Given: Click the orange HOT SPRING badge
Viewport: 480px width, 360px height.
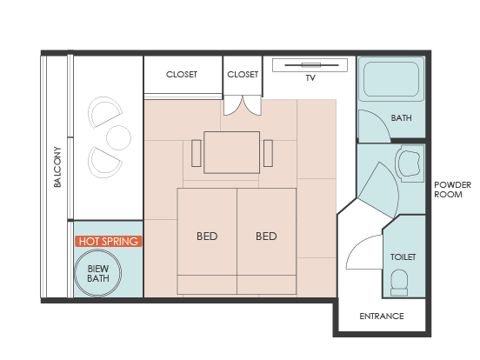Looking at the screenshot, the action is [x=109, y=241].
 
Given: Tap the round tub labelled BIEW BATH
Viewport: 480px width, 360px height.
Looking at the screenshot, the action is [x=98, y=273].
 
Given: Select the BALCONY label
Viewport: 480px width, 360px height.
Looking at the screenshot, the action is [x=57, y=167].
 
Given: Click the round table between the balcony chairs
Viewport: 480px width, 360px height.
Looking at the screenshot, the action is [x=118, y=137].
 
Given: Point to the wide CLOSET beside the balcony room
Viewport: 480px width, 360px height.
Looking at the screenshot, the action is [x=183, y=75].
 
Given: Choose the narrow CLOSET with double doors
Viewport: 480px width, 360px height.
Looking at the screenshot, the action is [x=243, y=76].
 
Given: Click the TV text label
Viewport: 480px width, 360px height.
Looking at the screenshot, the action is [x=310, y=78].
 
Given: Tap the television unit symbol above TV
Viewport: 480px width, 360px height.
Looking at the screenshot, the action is [x=310, y=65].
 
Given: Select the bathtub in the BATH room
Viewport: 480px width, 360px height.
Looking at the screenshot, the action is [x=391, y=79].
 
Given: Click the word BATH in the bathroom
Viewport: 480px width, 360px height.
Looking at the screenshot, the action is [x=401, y=118].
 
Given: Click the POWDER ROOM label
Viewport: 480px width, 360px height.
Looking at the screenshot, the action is [x=452, y=190].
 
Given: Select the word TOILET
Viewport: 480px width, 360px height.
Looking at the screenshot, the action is [x=403, y=257].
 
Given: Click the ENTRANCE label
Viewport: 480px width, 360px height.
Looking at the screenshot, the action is [x=382, y=317].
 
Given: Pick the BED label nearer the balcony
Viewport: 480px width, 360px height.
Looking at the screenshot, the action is [x=207, y=237].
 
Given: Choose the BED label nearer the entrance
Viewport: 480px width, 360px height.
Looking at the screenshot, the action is [x=266, y=237].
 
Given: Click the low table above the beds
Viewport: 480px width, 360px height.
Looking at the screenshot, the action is [x=231, y=152].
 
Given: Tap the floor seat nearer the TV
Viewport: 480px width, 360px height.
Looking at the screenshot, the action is [x=268, y=153].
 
